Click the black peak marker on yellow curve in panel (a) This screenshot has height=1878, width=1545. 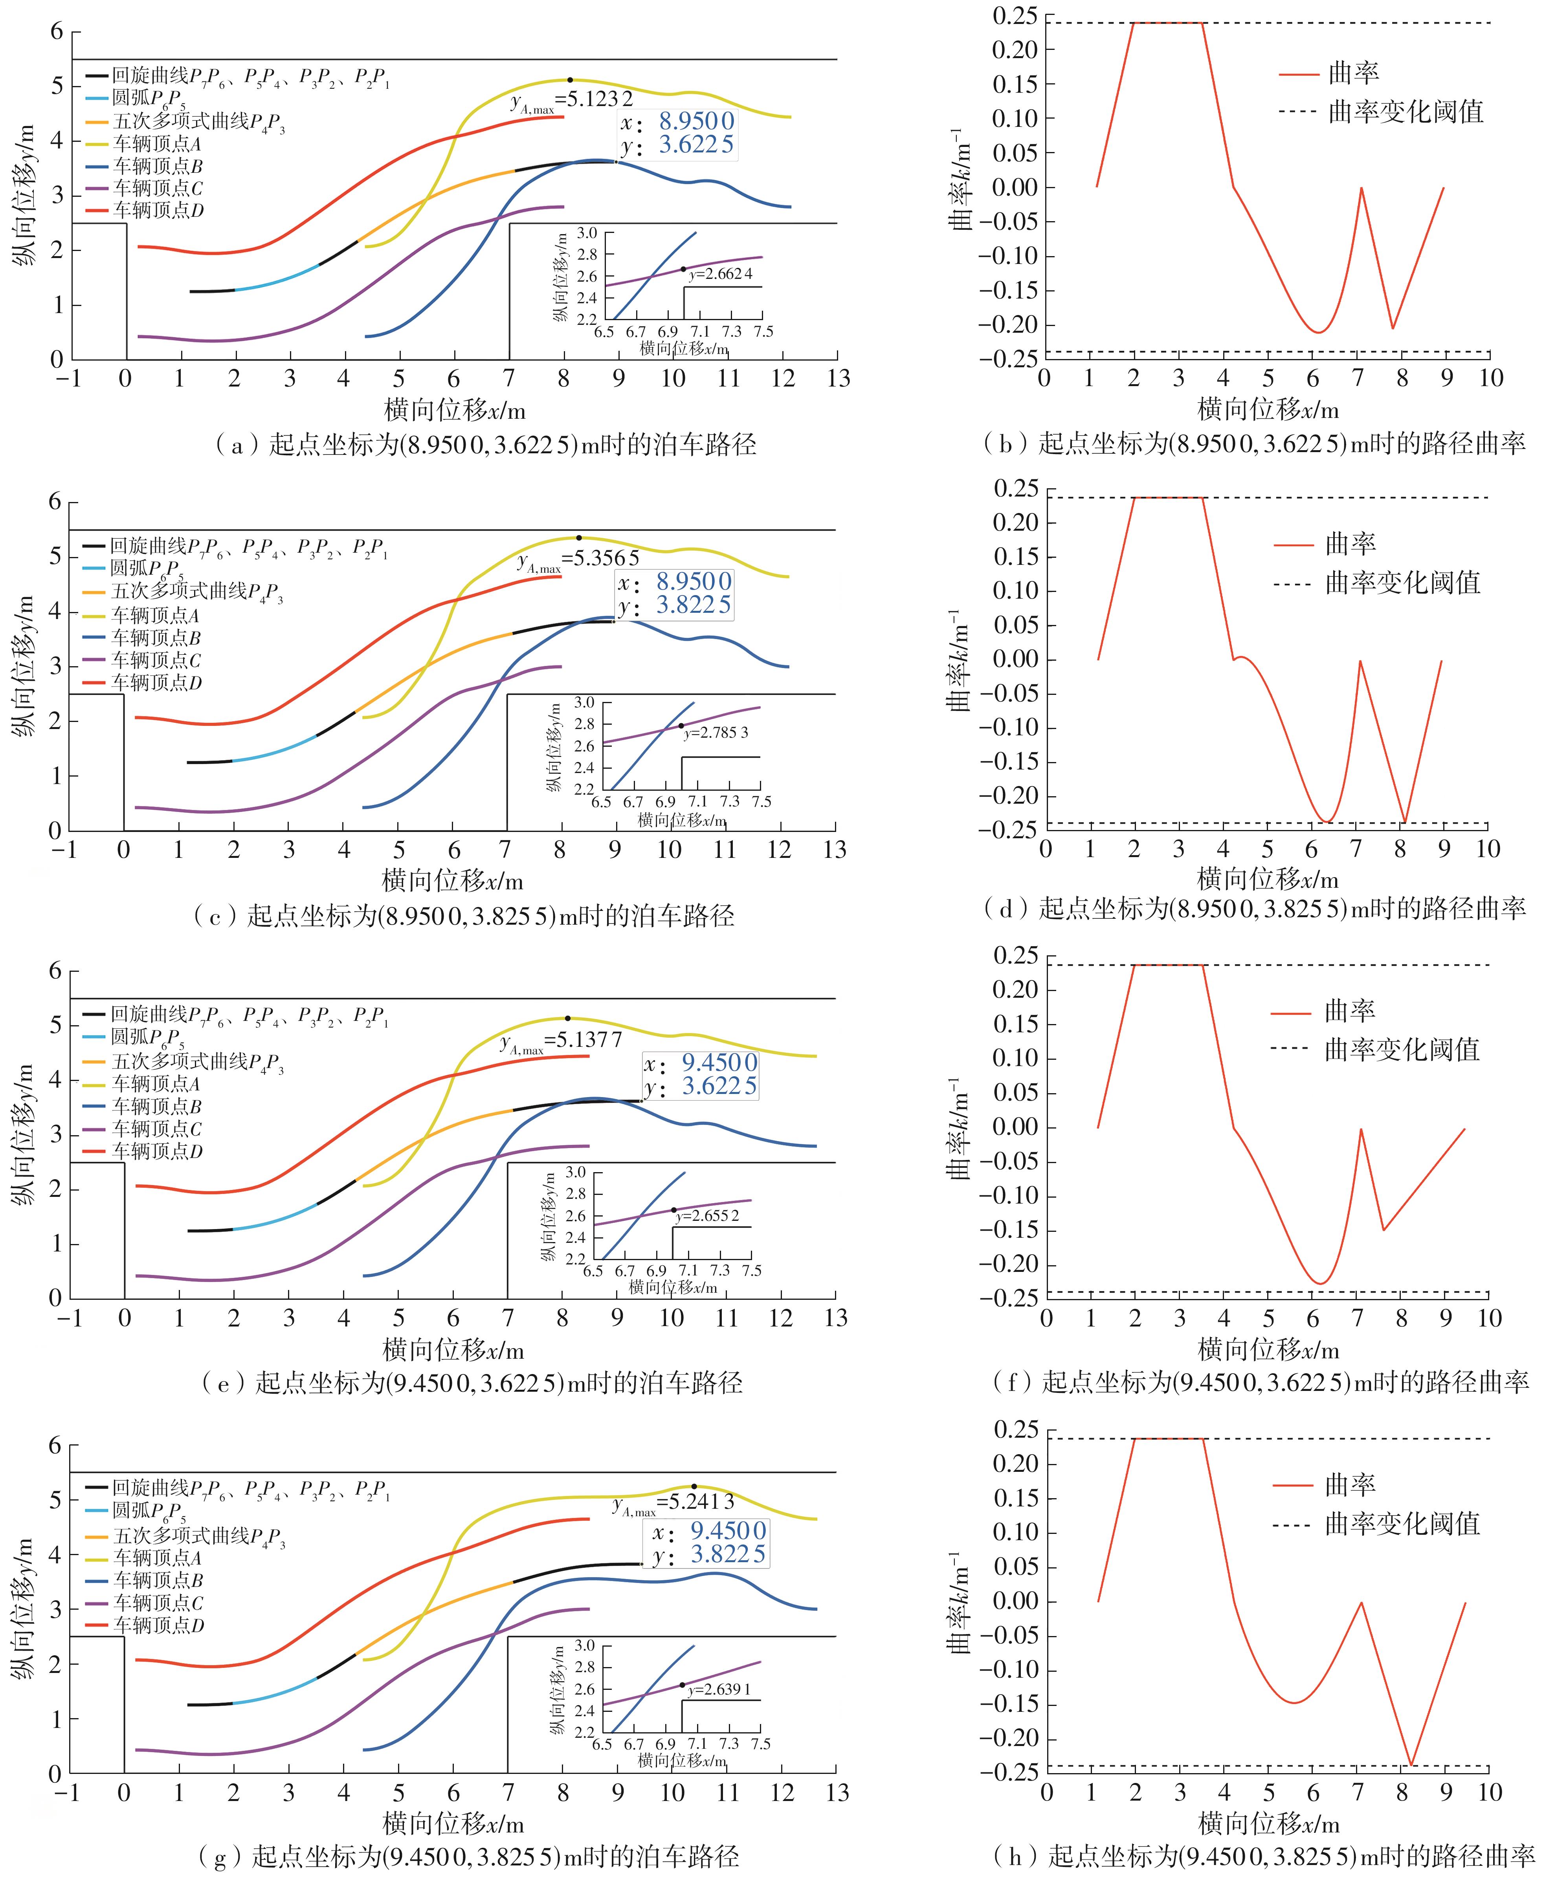pos(570,80)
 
